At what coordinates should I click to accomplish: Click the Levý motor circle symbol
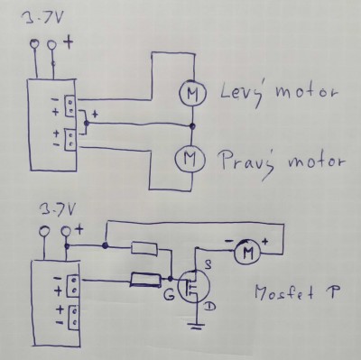click(192, 93)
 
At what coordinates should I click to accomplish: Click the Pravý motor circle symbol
click(190, 158)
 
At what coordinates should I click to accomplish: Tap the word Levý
click(240, 93)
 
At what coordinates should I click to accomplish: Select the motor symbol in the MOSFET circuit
click(247, 253)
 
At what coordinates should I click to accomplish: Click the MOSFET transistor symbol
click(193, 288)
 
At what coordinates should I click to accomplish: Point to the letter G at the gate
click(169, 296)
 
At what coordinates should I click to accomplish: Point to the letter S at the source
click(208, 264)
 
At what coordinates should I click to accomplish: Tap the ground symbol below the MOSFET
click(197, 326)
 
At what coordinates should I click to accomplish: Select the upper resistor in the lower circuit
click(144, 249)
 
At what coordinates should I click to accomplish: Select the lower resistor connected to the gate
click(145, 280)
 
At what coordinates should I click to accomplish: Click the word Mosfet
click(283, 292)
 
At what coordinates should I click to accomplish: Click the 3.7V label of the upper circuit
click(42, 19)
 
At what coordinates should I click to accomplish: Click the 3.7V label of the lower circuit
click(57, 210)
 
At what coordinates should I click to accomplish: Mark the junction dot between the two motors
click(192, 126)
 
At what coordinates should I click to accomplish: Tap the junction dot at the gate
click(171, 279)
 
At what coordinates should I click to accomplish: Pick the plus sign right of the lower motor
click(266, 241)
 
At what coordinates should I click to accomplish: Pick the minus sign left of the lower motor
click(229, 241)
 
